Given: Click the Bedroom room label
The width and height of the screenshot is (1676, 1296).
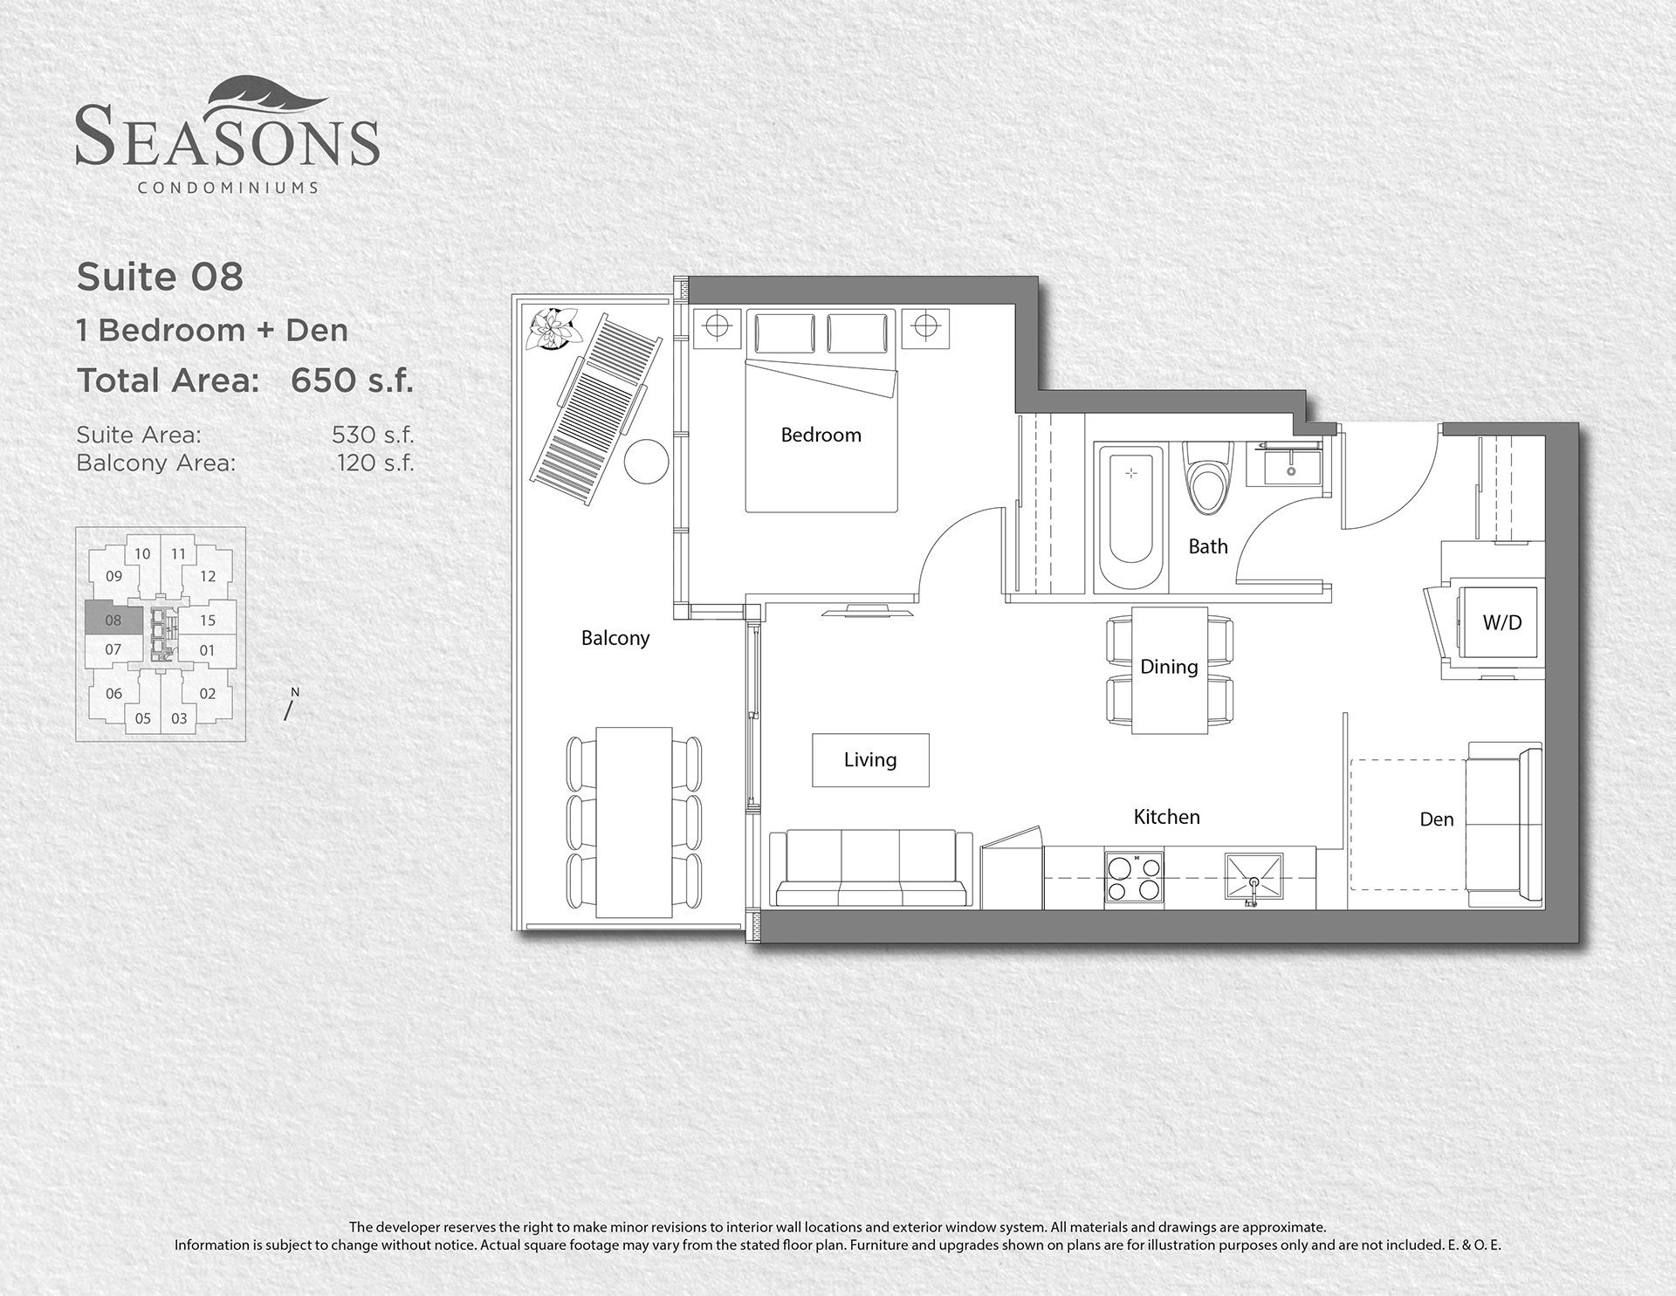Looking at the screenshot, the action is [x=821, y=435].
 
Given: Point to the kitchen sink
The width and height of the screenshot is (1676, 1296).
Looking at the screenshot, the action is [x=1255, y=879].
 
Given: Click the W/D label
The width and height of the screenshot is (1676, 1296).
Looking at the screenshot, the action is [x=1502, y=622].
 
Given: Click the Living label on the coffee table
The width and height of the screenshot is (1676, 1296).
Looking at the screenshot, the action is [x=870, y=760].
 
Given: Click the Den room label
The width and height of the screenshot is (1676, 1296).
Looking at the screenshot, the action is [x=1436, y=819].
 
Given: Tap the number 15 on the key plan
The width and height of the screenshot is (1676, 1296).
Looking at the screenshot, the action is [x=207, y=621].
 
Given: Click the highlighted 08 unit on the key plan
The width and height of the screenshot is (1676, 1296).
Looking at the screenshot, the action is [x=113, y=621].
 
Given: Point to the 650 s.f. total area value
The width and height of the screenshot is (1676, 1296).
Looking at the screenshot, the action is [x=352, y=381].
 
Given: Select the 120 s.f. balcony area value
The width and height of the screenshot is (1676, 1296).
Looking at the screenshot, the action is [x=375, y=463].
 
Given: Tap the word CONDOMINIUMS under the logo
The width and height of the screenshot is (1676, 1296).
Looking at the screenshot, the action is [x=228, y=187].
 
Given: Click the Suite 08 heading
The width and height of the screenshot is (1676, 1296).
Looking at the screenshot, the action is [x=160, y=278].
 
